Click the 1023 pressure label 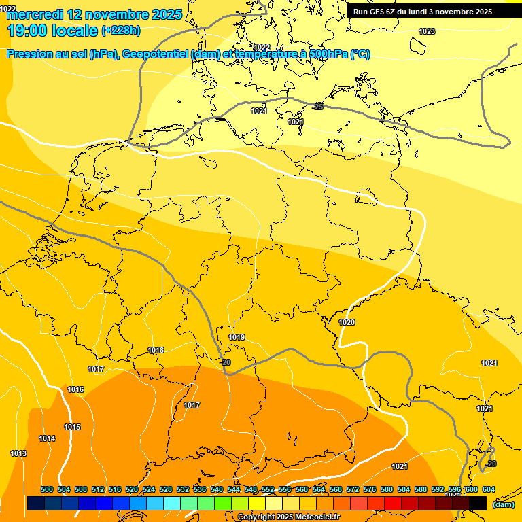point(427,31)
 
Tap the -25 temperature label point(317,107)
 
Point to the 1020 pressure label point(347,322)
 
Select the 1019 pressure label point(237,337)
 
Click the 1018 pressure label point(156,350)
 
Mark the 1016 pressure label point(75,389)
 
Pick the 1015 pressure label point(72,427)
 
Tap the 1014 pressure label point(47,438)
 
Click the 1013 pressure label point(18,453)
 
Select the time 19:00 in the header point(30,31)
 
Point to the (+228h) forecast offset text point(120,31)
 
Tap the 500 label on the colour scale point(47,489)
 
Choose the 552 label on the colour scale point(268,489)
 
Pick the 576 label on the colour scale point(370,489)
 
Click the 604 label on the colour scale point(488,489)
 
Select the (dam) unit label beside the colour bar point(503,504)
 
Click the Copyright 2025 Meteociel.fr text point(288,517)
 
